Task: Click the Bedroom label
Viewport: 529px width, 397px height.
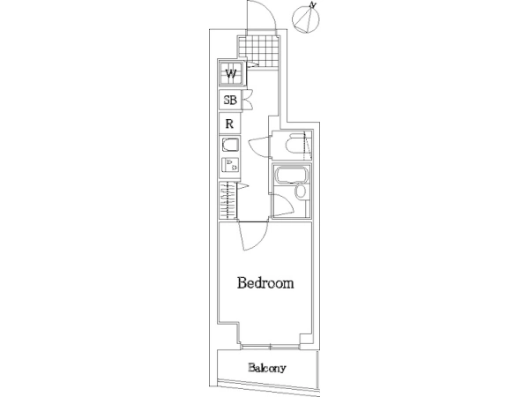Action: point(265,283)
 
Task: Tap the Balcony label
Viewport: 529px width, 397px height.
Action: point(267,368)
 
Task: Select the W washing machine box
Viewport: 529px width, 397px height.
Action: point(231,73)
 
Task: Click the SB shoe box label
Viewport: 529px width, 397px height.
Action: point(230,100)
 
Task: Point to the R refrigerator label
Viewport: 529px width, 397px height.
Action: point(229,124)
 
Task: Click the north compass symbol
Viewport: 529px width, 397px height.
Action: point(306,19)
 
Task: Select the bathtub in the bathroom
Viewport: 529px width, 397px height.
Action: point(291,176)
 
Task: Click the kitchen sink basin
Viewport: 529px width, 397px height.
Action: point(230,145)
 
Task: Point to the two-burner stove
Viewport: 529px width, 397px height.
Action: point(230,165)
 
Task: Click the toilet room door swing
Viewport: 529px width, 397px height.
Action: point(259,146)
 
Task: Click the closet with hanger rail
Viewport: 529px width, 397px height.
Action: point(228,200)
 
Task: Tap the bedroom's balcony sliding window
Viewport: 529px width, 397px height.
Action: point(271,347)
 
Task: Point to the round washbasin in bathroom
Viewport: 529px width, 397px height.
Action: point(300,191)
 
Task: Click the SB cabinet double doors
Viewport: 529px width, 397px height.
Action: point(248,100)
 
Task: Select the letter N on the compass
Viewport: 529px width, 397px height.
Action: point(314,4)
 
